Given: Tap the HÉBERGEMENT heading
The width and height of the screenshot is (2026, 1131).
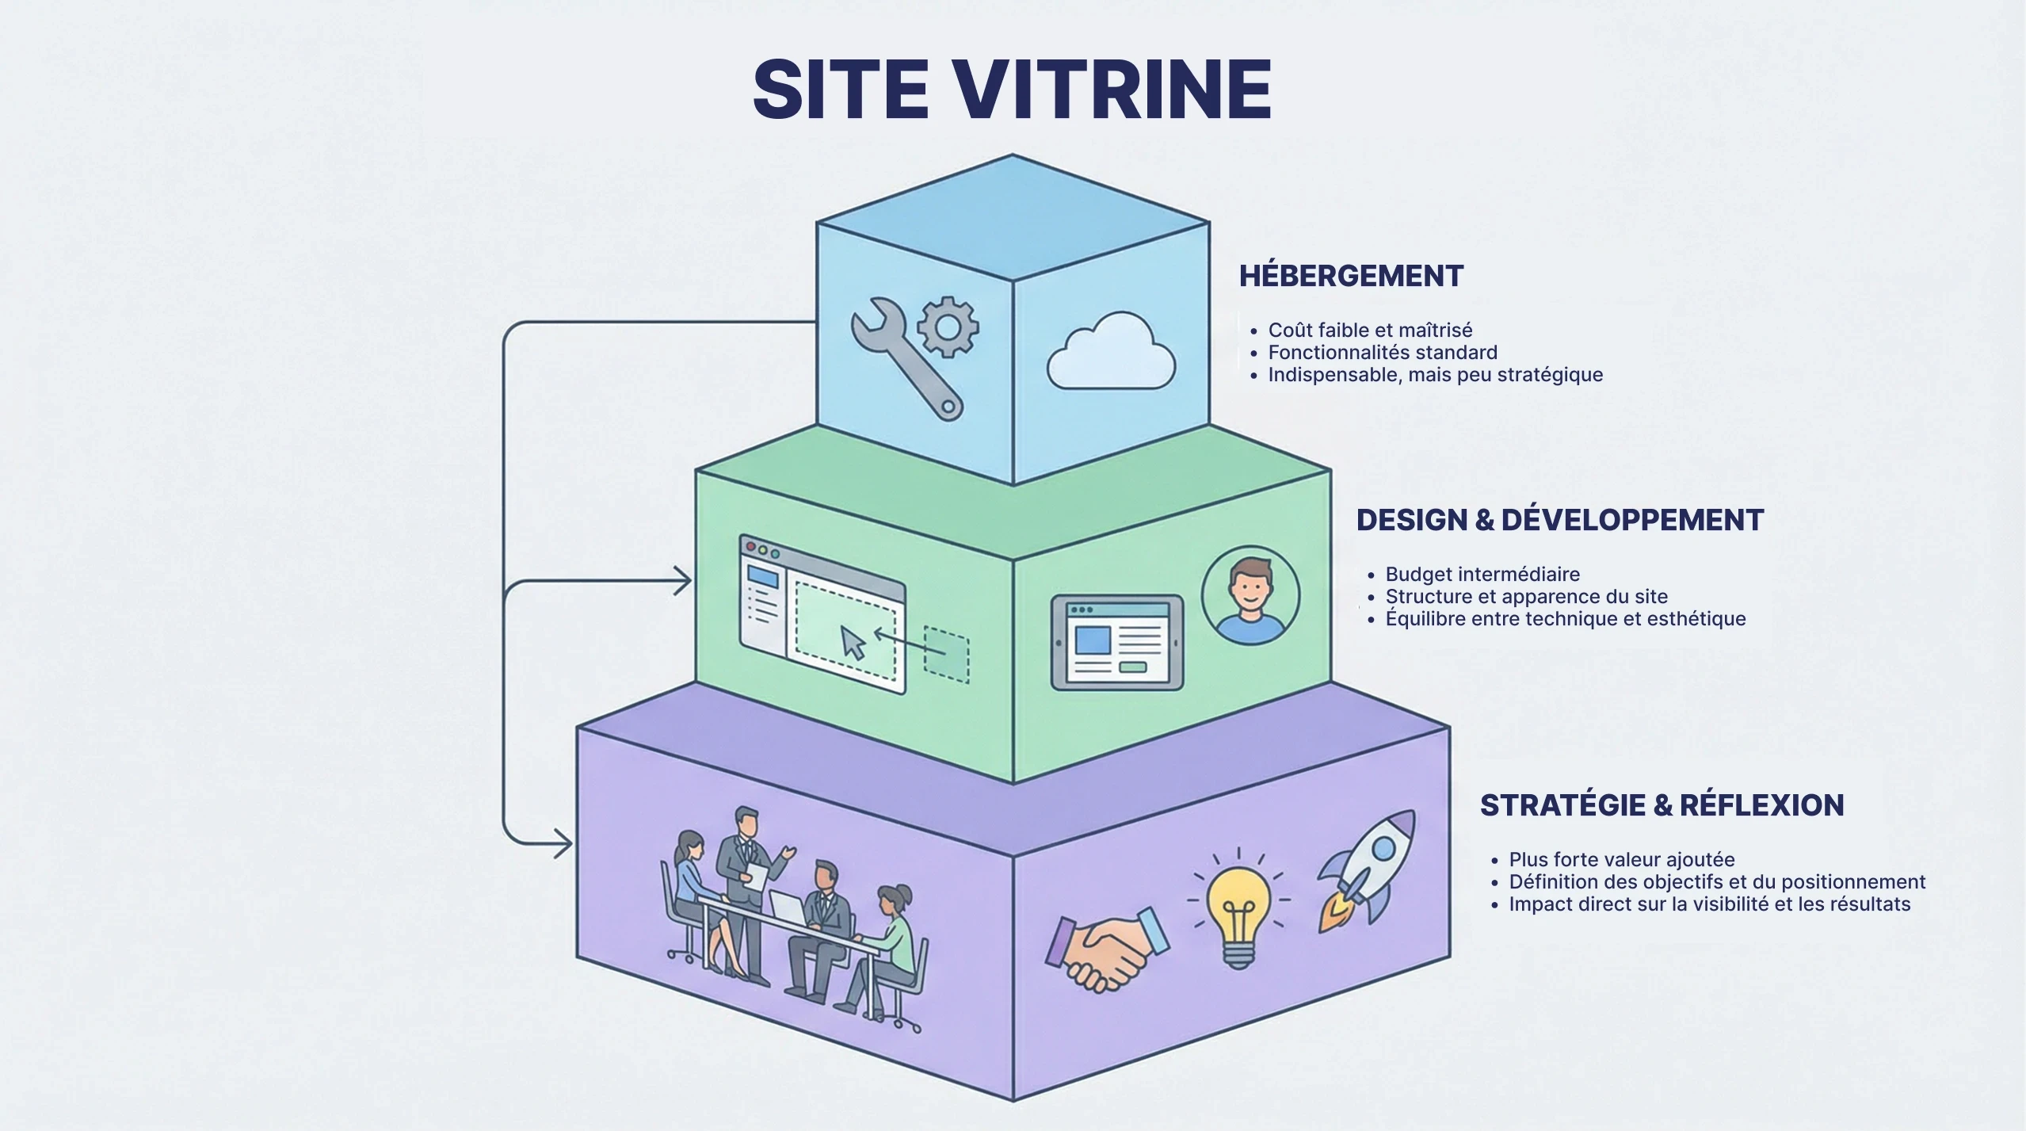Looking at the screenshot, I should [x=1351, y=276].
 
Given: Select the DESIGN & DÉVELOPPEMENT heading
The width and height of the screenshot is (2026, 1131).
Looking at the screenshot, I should [x=1559, y=520].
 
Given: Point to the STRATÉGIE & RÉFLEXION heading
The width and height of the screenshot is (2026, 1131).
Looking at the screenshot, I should [x=1662, y=805].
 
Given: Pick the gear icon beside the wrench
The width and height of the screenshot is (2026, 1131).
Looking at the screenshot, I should [x=948, y=326].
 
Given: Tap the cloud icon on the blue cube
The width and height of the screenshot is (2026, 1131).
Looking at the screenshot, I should [x=1111, y=353].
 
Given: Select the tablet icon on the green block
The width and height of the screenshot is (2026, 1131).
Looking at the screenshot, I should [x=1116, y=642].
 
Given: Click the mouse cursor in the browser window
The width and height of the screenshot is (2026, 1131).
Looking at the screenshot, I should [x=853, y=641].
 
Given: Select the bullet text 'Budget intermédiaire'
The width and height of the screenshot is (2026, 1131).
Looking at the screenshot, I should [x=1471, y=575].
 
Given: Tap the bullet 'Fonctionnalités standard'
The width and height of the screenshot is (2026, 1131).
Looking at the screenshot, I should [x=1383, y=353].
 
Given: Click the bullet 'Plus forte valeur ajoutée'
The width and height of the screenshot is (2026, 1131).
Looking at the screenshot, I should [x=1621, y=860].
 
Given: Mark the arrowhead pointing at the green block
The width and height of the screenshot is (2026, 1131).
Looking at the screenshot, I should [x=683, y=581].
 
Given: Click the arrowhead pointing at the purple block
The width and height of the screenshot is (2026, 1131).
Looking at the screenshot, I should [x=564, y=843].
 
